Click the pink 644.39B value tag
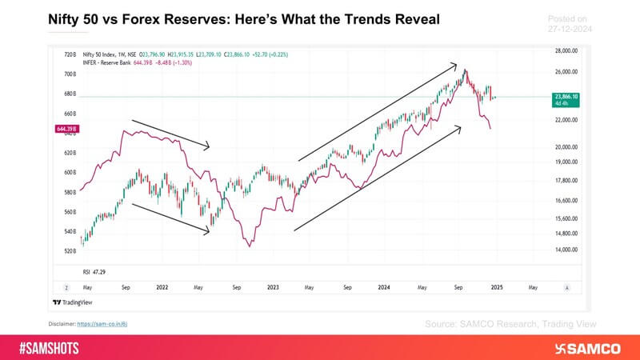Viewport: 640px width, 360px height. point(63,128)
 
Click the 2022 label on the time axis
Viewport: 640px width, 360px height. point(161,286)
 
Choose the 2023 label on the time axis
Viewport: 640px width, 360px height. point(273,286)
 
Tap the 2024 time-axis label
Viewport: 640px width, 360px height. point(384,286)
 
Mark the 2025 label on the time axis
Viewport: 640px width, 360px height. point(496,286)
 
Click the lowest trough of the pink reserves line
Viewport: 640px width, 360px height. point(250,246)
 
